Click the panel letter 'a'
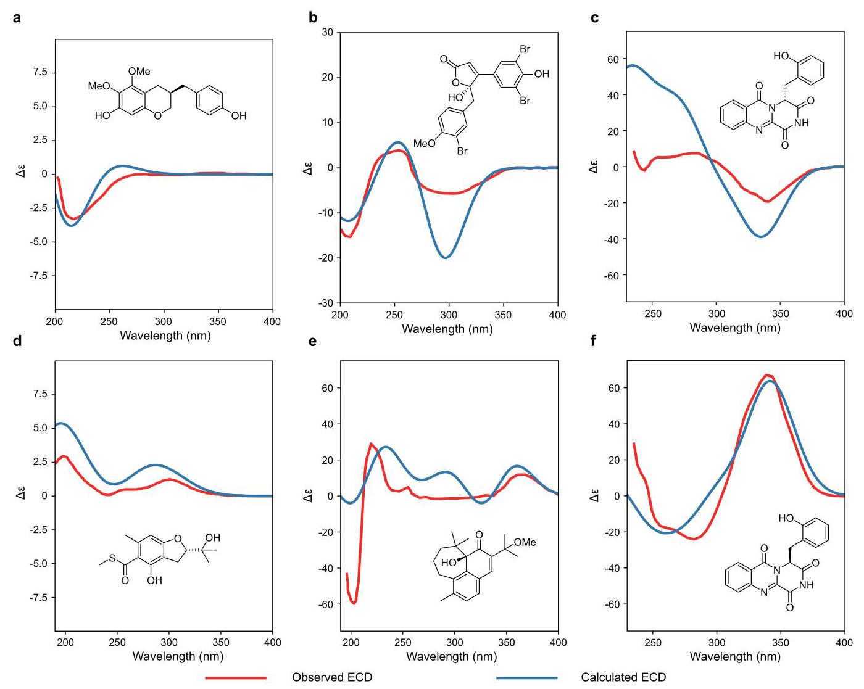tap(17, 18)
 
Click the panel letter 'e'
tap(312, 341)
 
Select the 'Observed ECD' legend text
tap(332, 677)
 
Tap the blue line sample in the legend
tap(527, 678)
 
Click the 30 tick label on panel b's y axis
tap(328, 32)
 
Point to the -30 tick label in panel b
tap(326, 303)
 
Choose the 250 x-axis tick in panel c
tap(653, 313)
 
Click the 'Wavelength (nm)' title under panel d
tap(178, 656)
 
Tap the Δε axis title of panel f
tap(594, 495)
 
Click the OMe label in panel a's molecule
tap(139, 71)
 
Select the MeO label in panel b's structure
tap(425, 143)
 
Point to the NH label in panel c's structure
tap(802, 122)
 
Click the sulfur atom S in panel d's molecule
tap(112, 558)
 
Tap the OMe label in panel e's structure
tap(525, 542)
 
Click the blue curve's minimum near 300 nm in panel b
tap(446, 258)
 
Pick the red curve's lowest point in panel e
tap(354, 603)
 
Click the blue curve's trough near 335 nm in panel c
tap(761, 236)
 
